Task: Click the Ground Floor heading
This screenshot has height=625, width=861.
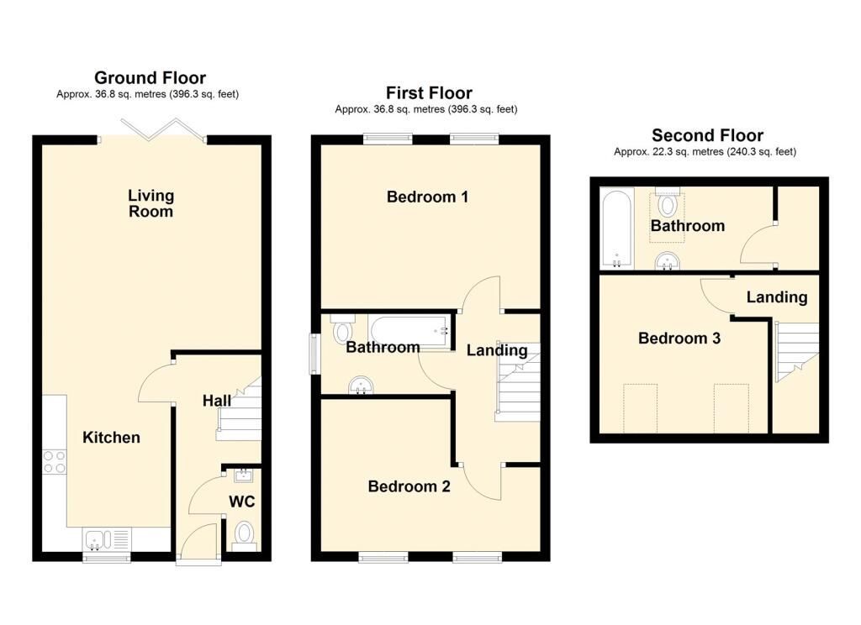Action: point(150,78)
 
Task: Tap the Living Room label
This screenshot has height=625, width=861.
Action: point(151,203)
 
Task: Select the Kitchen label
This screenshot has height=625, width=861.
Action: point(112,438)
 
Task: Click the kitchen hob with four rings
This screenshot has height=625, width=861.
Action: point(55,461)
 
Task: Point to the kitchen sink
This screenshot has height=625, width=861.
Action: point(107,539)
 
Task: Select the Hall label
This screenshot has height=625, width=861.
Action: point(216,401)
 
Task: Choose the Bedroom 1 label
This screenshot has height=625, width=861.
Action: point(427,197)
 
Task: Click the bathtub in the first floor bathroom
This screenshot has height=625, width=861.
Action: point(409,331)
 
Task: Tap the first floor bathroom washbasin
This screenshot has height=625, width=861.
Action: point(361,386)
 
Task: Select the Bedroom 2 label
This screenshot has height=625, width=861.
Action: point(409,486)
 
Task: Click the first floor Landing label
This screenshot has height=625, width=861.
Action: point(497,350)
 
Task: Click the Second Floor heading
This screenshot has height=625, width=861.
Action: point(707,135)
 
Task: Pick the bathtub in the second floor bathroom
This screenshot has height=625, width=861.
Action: point(617,228)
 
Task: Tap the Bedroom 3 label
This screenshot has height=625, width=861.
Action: point(679,338)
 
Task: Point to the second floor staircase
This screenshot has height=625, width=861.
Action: point(797,352)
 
